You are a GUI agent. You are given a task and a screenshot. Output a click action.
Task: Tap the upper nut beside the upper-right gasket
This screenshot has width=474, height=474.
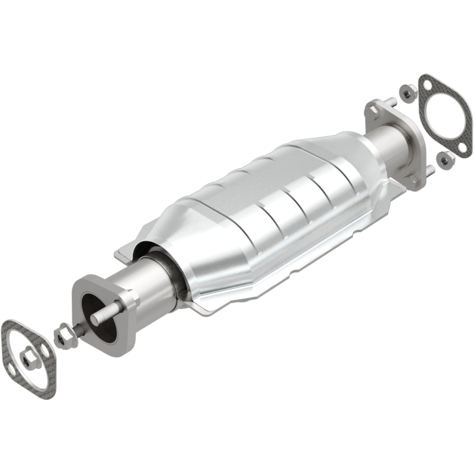point(408,92)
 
